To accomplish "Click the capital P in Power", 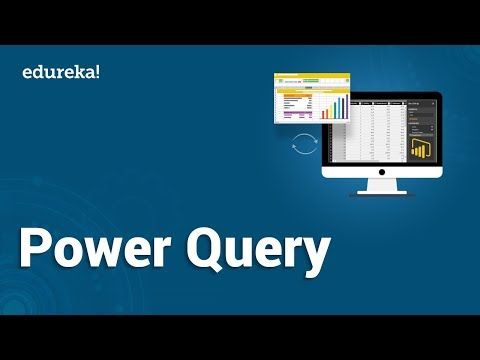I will [38, 250].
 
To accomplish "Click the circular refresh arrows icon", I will [299, 146].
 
